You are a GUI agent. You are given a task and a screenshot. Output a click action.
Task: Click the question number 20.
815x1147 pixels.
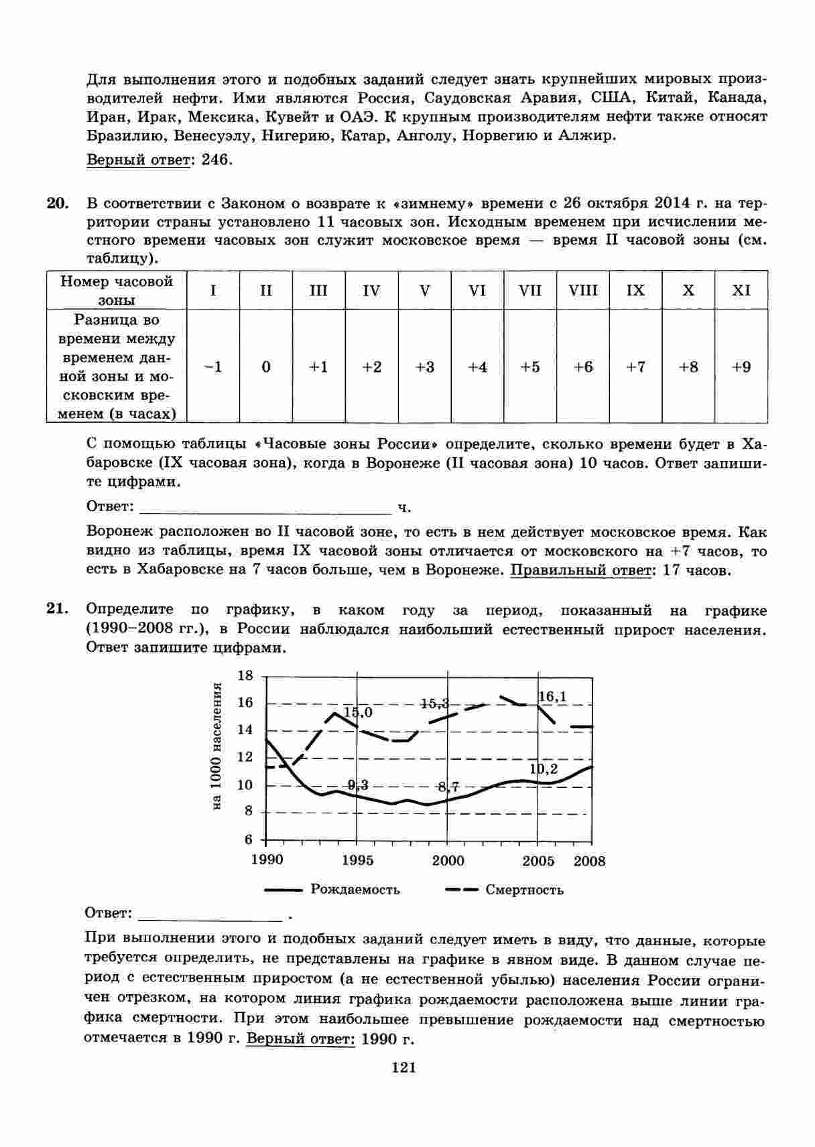(x=58, y=203)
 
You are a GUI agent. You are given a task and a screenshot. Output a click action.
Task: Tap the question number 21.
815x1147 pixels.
(x=58, y=609)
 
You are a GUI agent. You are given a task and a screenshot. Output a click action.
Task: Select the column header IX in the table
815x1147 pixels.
(x=635, y=290)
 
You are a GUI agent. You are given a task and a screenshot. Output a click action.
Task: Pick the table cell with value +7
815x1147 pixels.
(x=635, y=366)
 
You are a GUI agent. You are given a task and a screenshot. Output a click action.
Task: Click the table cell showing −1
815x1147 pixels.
(x=213, y=366)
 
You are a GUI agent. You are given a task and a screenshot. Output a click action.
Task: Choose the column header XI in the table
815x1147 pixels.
(x=741, y=290)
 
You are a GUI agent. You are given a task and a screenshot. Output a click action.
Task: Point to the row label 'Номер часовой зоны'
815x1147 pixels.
(x=117, y=290)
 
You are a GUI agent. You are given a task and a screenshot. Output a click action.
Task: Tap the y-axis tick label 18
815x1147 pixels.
(x=246, y=675)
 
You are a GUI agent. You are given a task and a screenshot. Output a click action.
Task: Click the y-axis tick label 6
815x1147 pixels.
(x=249, y=839)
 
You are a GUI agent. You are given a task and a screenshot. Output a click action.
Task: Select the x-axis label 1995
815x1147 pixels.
(x=358, y=860)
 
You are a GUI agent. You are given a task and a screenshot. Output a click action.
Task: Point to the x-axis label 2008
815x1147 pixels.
(x=589, y=861)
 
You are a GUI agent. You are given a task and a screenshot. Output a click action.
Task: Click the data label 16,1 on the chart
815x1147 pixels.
(x=552, y=697)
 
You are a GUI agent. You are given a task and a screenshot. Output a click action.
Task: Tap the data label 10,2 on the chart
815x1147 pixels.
(x=544, y=769)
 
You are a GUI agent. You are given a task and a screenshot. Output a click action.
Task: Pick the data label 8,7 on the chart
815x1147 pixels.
(x=448, y=787)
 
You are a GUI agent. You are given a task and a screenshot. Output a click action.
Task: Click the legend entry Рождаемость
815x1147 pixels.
(x=355, y=890)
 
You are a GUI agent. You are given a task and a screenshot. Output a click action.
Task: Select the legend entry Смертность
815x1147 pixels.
(x=524, y=890)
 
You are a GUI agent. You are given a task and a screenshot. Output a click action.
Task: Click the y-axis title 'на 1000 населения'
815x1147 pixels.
(x=216, y=747)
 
